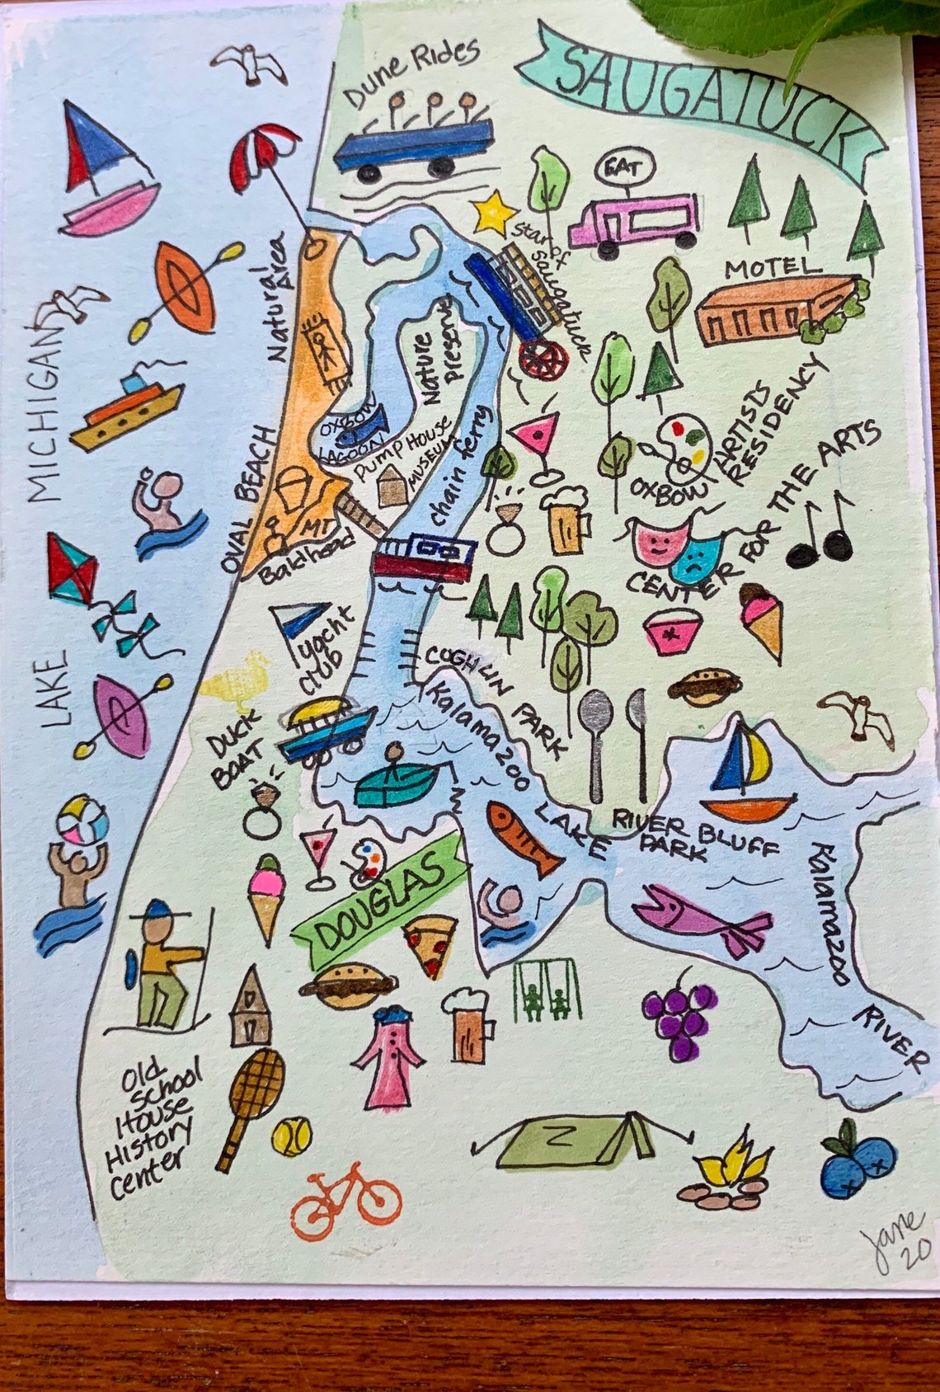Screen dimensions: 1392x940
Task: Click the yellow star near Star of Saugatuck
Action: click(x=492, y=214)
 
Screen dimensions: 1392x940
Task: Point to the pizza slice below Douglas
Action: click(x=431, y=944)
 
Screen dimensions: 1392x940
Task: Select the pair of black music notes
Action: click(x=821, y=534)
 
